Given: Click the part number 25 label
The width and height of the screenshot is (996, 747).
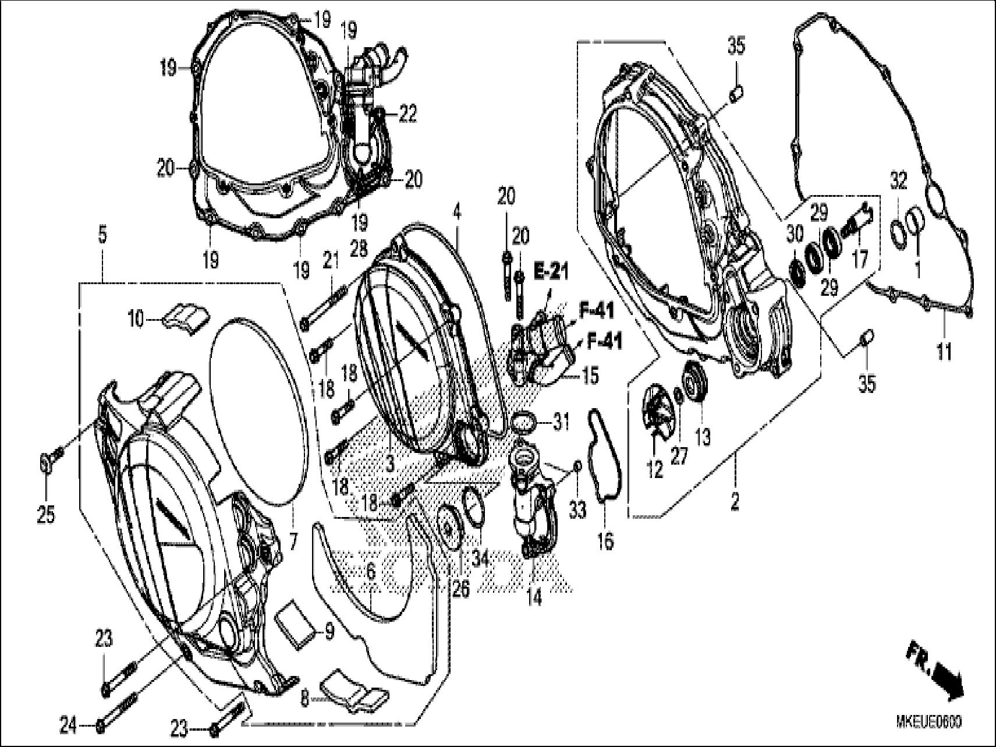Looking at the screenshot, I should tap(46, 514).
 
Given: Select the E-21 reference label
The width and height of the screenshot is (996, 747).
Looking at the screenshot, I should tap(551, 271).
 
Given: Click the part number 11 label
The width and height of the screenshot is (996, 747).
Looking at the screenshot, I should tap(944, 351).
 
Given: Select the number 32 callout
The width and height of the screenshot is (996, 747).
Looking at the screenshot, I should tap(899, 182).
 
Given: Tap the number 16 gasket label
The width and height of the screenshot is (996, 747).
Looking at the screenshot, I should tap(605, 542).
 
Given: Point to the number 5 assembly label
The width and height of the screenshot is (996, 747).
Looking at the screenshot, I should tap(102, 236).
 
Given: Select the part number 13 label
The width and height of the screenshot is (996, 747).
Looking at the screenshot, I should tap(703, 437).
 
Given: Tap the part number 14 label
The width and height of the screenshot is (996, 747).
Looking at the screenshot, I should tap(534, 597).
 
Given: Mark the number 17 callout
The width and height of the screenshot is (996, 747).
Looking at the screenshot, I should tap(859, 259).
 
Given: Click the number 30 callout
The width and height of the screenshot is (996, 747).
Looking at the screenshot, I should tap(794, 233).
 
